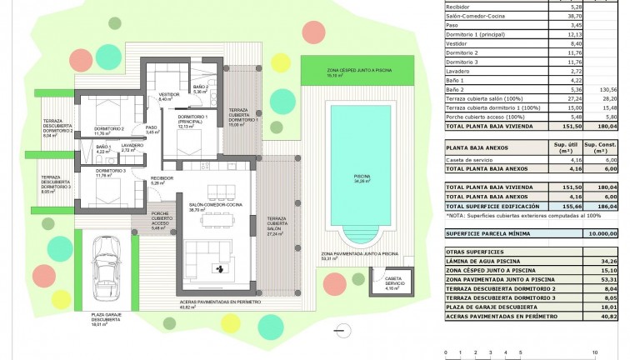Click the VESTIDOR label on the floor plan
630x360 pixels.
[169, 95]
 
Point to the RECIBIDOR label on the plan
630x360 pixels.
[162, 179]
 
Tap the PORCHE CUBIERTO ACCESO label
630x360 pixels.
[162, 218]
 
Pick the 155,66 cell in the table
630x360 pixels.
[564, 206]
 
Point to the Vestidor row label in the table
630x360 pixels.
[458, 44]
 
